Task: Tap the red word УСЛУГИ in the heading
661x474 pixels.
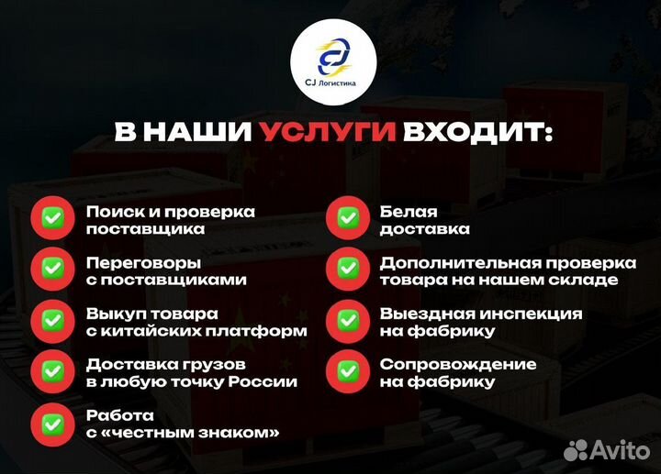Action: coord(328,132)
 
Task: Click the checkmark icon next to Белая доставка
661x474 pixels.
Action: coord(348,219)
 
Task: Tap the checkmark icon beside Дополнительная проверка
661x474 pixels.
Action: coord(348,270)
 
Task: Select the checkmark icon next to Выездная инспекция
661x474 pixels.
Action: coord(348,321)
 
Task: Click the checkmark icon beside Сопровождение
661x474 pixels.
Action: coord(348,372)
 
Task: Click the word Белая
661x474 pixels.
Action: coord(409,211)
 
